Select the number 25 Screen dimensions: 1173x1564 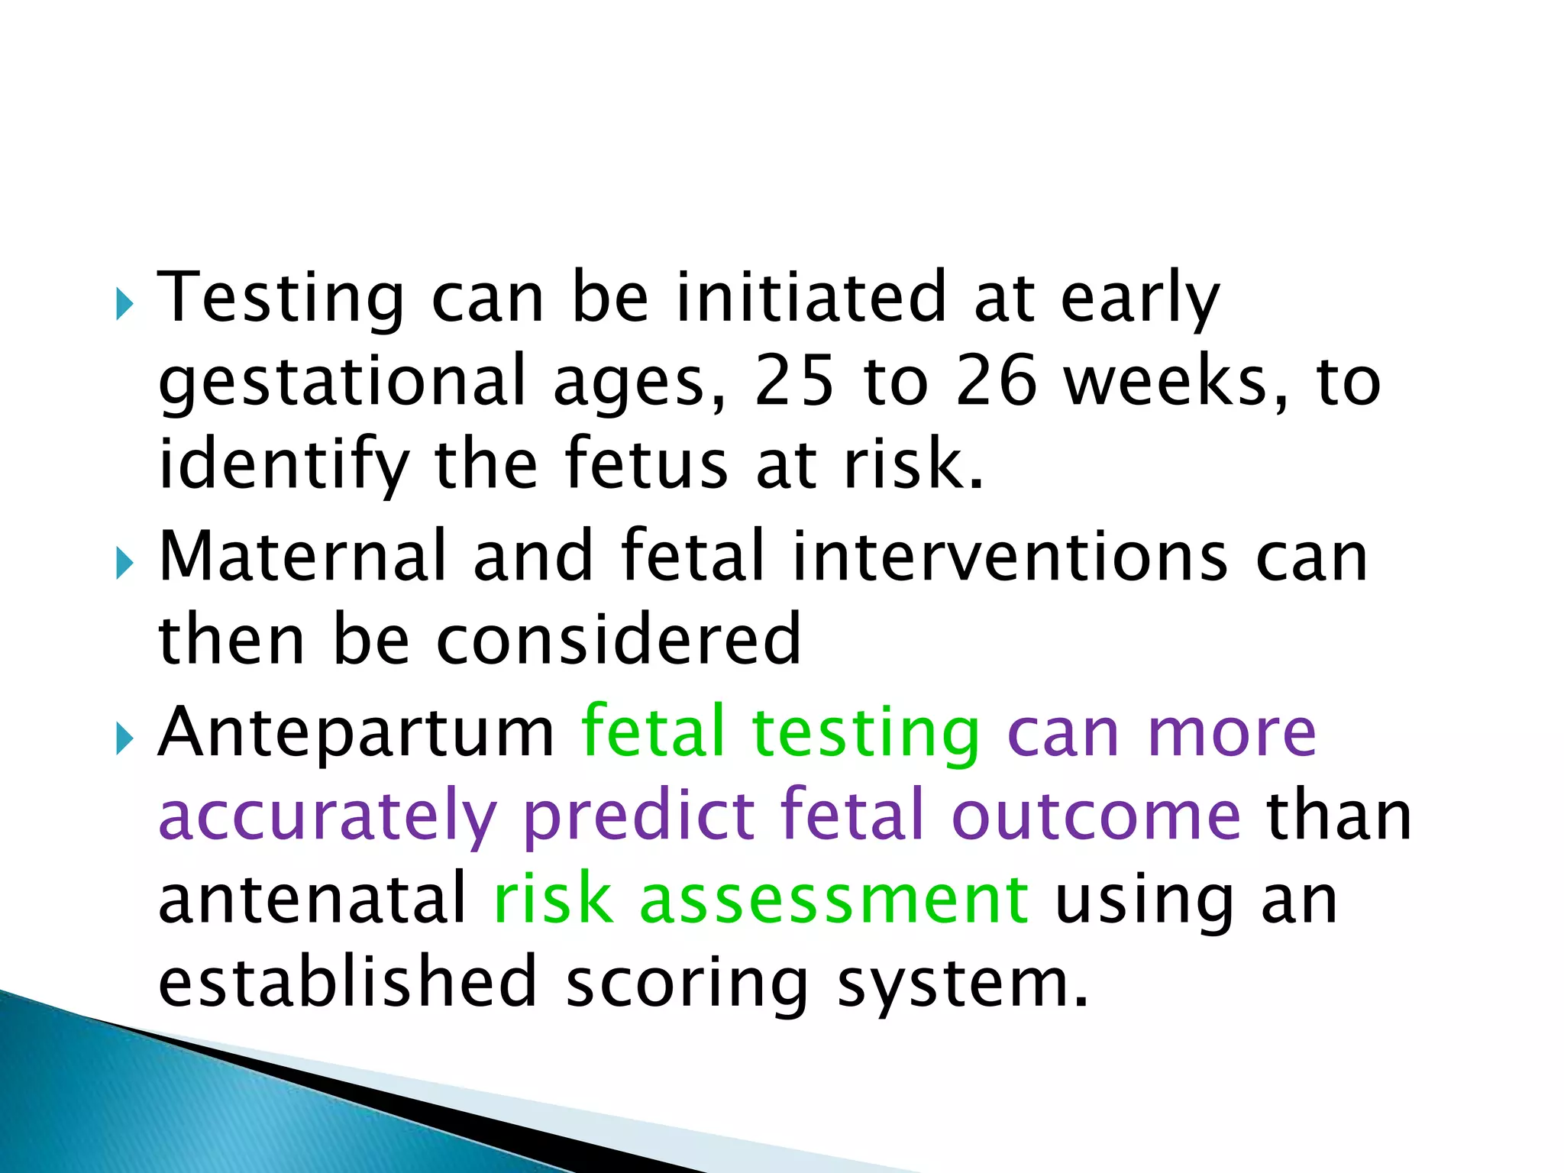point(793,382)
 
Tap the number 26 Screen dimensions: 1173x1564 point(997,382)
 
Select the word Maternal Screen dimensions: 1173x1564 point(302,557)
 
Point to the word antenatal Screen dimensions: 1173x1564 point(312,900)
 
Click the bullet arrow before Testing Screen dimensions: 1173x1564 point(124,305)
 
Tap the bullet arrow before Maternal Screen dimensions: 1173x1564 point(124,565)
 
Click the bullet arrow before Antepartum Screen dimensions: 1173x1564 point(124,740)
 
